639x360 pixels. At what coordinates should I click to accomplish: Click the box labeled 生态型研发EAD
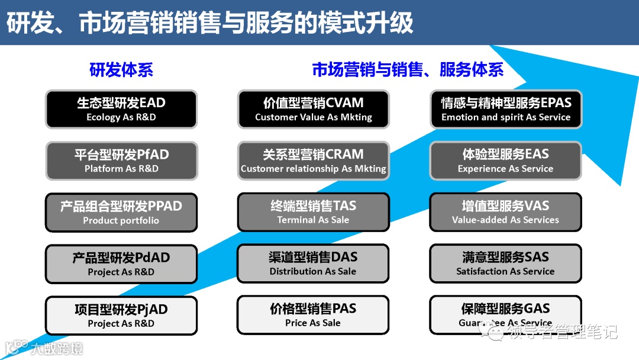tap(121, 110)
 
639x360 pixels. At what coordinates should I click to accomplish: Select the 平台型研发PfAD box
tap(121, 160)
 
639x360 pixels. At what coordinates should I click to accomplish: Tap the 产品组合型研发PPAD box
tap(121, 213)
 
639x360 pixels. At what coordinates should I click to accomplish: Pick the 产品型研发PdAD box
tap(121, 264)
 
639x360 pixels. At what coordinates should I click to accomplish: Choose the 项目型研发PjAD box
tap(121, 316)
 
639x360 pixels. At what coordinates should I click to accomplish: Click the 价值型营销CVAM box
tap(314, 110)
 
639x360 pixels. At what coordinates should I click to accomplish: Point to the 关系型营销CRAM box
tap(314, 160)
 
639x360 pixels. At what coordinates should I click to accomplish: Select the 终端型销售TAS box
tap(314, 212)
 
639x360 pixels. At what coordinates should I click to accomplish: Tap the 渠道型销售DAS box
tap(314, 263)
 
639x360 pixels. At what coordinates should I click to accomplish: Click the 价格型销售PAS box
tap(314, 315)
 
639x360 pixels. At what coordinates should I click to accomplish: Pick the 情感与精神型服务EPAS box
tap(506, 110)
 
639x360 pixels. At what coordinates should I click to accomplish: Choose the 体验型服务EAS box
tap(506, 160)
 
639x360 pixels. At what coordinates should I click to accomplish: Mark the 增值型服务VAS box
tap(506, 212)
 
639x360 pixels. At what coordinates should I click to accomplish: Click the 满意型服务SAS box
tap(506, 263)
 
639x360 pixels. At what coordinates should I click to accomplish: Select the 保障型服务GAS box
tap(506, 315)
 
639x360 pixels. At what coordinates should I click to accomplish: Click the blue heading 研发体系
tap(121, 70)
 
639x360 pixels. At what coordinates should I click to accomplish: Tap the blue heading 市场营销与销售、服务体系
tap(408, 70)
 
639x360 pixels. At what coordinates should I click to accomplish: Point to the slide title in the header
tap(210, 22)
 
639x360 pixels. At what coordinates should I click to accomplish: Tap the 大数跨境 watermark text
tap(57, 348)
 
